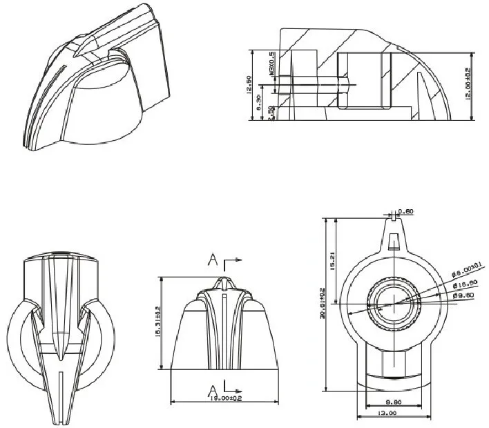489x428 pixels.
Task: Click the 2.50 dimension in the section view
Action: (271, 113)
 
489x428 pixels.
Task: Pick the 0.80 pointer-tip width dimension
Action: (405, 211)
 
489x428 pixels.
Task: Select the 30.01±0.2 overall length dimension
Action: (322, 304)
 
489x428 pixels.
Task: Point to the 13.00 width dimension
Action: (387, 414)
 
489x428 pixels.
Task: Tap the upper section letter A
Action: (215, 260)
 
